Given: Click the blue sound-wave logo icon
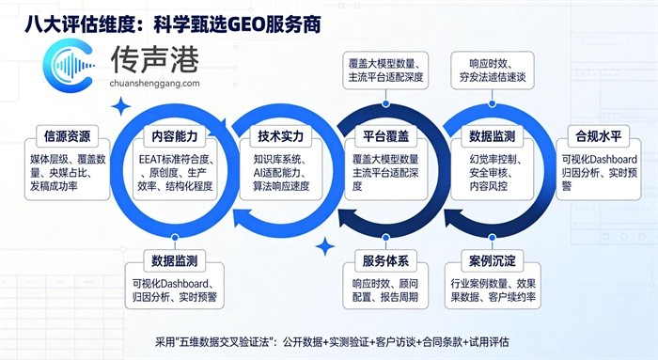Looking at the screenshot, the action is (x=69, y=65).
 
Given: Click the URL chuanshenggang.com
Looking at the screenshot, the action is (x=154, y=83).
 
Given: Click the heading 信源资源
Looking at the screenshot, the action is (x=67, y=136).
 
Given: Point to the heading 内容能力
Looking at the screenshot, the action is (x=175, y=136).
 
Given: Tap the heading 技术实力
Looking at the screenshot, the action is (x=280, y=136).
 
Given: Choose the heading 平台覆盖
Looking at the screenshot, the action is (x=385, y=136).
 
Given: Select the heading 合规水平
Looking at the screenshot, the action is (x=599, y=136).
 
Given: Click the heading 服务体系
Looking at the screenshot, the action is (x=385, y=261).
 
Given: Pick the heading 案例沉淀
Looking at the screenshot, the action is (x=492, y=261).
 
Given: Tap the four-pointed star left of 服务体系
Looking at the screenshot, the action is (x=325, y=246).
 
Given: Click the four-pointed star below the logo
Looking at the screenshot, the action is (x=121, y=106).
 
